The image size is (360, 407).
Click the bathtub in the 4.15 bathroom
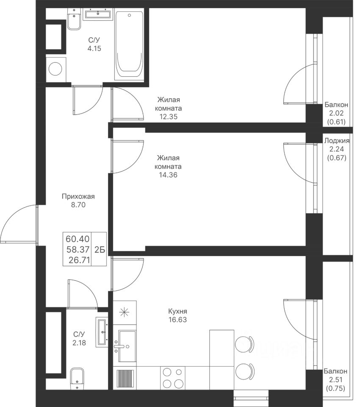[129, 46]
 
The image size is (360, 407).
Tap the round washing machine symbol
[56, 69]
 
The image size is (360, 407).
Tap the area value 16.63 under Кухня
[177, 320]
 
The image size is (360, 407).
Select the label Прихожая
[78, 196]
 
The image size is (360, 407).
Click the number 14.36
[168, 175]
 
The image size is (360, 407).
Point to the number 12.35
[168, 117]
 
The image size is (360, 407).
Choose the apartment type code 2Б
[100, 250]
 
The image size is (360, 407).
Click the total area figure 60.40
[78, 239]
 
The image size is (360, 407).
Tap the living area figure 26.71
[79, 259]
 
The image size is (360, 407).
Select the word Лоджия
[337, 141]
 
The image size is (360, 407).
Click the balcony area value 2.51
[336, 380]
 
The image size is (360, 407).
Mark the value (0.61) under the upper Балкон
[336, 122]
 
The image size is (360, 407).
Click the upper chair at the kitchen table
[244, 344]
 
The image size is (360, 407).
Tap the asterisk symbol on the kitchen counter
[124, 312]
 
